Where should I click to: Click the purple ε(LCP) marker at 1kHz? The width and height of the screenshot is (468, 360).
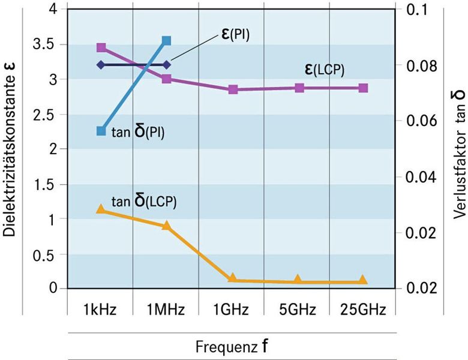pos(101,47)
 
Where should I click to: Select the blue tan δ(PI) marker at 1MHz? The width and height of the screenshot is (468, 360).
pos(167,41)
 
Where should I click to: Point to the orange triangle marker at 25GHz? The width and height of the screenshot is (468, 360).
pos(362,280)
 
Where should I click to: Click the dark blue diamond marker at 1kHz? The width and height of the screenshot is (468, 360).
pos(101,64)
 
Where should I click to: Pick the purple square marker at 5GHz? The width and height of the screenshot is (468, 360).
pos(299,88)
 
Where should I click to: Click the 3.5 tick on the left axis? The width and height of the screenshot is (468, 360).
pos(46,44)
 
